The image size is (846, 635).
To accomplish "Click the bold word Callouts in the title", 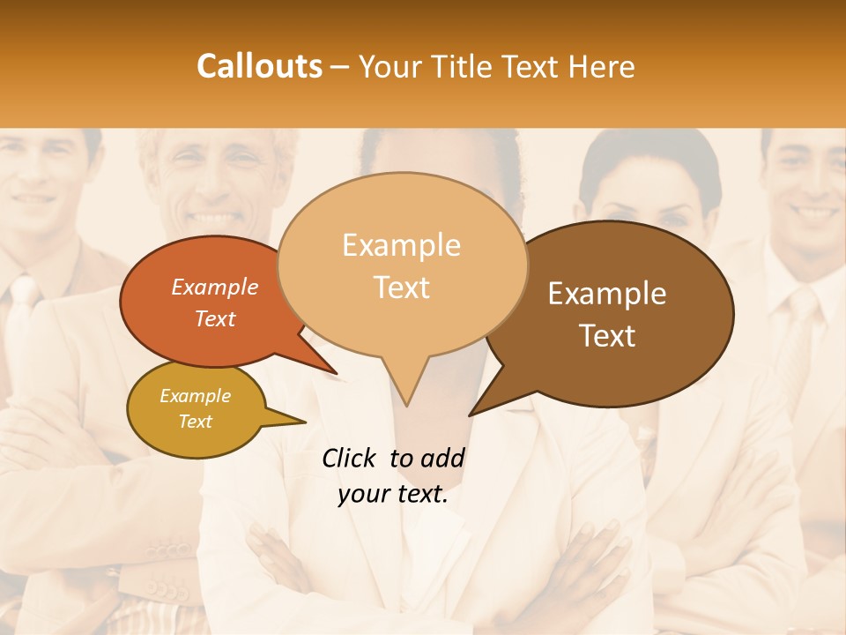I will click(x=259, y=66).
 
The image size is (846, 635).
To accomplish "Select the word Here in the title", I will click(x=602, y=66).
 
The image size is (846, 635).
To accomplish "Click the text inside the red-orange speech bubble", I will click(x=215, y=303).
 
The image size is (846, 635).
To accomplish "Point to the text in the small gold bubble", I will click(x=195, y=408).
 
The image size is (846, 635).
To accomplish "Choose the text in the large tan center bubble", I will click(x=401, y=265).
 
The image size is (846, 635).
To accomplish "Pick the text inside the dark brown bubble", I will click(x=607, y=314).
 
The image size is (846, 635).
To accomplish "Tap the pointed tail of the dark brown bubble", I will click(x=480, y=407).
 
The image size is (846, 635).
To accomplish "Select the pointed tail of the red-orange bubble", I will click(x=326, y=365).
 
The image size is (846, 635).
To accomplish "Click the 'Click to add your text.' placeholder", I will click(x=393, y=476).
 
